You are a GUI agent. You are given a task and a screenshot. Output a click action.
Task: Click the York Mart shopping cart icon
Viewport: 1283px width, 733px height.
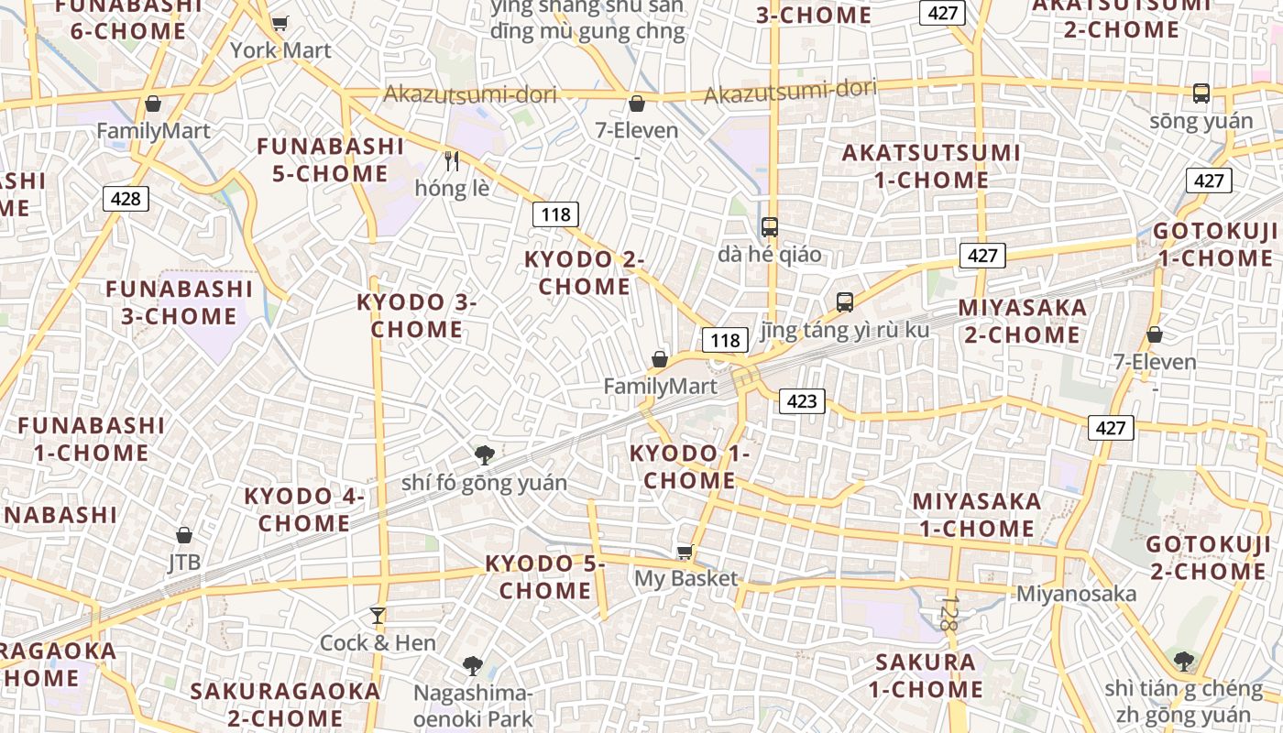point(280,23)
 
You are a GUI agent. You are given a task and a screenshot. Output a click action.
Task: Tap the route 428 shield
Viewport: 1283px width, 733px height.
point(125,199)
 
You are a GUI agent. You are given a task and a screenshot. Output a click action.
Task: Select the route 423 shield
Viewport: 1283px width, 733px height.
point(802,400)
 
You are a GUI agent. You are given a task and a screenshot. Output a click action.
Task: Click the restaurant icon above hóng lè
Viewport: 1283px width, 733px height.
point(451,161)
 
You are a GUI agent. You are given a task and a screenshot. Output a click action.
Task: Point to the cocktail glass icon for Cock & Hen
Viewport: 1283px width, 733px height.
point(377,615)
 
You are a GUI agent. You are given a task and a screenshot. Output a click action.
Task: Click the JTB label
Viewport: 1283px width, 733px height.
point(184,561)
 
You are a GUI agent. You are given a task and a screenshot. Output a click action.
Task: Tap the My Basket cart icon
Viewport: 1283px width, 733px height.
point(685,552)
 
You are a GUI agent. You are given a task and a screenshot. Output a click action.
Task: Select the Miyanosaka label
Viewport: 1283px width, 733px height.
point(1076,594)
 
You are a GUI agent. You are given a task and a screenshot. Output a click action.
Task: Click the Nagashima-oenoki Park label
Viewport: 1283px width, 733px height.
point(473,706)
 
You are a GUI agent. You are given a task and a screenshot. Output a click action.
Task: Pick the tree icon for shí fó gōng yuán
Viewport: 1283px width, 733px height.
point(484,454)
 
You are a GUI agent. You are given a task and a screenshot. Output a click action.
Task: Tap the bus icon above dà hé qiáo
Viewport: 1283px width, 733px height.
point(770,227)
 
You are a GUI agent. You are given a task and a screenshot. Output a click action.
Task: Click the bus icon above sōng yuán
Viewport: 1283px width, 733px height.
point(1201,93)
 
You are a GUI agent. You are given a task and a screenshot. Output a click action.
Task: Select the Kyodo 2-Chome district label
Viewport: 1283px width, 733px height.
point(584,273)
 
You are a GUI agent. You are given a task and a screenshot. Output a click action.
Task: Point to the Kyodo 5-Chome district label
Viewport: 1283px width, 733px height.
point(545,577)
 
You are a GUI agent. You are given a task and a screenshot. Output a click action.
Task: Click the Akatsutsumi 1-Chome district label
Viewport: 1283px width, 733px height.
point(931,166)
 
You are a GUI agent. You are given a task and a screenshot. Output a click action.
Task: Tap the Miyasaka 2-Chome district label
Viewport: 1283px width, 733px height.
point(1023,321)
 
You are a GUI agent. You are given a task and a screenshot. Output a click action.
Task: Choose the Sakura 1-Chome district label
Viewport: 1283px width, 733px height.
point(926,675)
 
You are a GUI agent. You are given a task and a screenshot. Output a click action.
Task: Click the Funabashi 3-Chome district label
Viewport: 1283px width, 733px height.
point(180,302)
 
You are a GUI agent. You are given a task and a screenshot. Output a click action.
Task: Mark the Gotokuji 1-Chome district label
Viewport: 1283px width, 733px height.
point(1215,245)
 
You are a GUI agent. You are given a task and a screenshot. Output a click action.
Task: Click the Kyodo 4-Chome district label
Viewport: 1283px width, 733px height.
point(304,509)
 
